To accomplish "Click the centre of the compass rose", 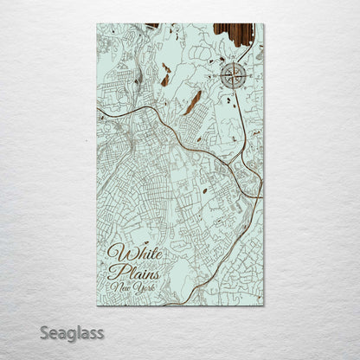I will click(233, 76).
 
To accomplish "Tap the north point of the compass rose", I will click(233, 61).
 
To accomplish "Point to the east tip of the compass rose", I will click(247, 76).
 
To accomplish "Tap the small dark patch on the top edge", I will click(152, 25).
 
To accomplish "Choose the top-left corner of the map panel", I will click(97, 24).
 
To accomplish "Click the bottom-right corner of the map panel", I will click(264, 305).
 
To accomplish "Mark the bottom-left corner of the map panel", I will click(97, 305).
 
